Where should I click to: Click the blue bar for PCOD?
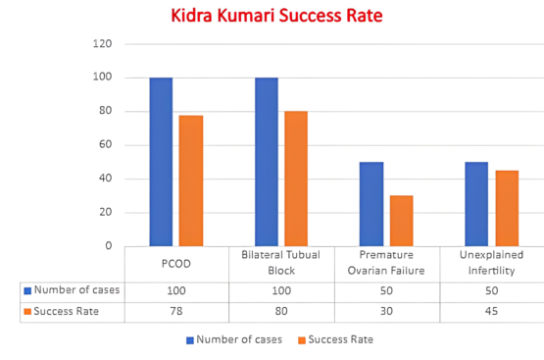coord(161,162)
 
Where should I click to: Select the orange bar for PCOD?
coord(191,180)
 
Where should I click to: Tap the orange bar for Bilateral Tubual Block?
coord(296,179)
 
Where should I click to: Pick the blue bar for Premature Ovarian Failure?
coord(371,204)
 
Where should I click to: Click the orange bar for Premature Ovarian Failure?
coord(402,221)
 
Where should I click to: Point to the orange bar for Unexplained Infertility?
coord(507,208)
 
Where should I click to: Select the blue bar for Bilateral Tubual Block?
coord(267,162)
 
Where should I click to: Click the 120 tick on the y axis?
coord(102,44)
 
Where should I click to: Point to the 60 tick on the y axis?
coord(106,144)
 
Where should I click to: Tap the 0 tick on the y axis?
coord(109,246)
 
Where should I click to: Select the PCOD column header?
coord(176,264)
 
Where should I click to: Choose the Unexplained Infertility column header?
coord(491,263)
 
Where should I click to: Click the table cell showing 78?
coord(176,311)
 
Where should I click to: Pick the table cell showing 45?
coord(491,311)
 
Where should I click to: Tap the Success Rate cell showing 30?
coord(386,311)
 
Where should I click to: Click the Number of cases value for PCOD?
coord(176,290)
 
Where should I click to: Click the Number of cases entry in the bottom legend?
coord(234,339)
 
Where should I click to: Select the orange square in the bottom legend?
coord(302,340)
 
